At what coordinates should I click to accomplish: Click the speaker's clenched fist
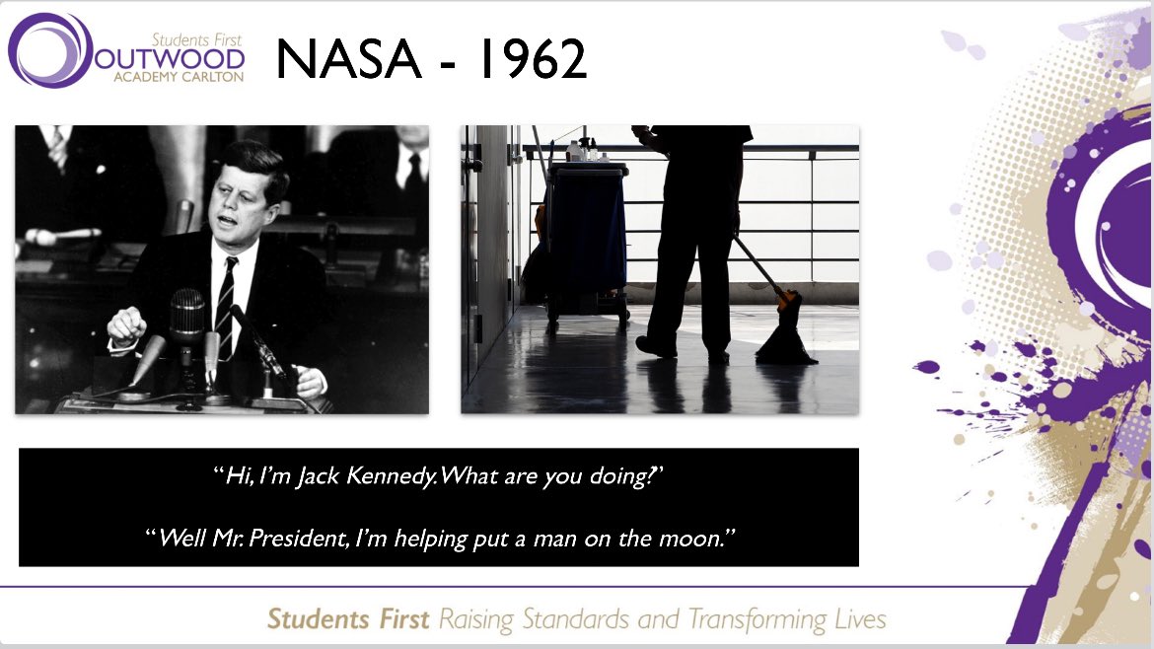[x=127, y=324]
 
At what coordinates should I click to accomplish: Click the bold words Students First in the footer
[x=348, y=619]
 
